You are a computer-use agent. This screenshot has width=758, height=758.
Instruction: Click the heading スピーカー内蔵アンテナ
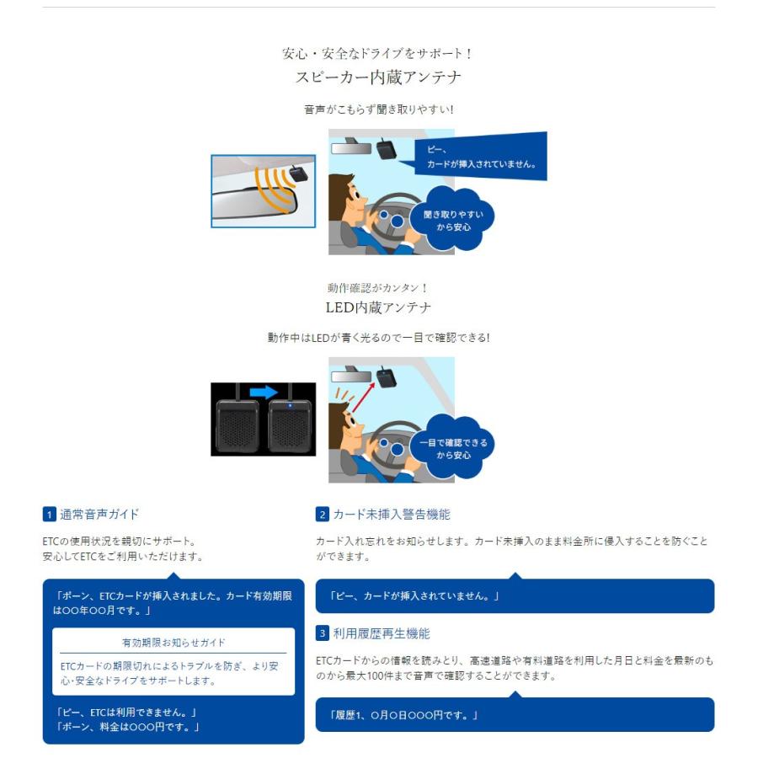click(378, 77)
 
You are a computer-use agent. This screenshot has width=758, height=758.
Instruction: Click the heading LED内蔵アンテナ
click(378, 307)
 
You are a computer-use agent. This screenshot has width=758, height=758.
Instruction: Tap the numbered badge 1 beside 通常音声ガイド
click(50, 515)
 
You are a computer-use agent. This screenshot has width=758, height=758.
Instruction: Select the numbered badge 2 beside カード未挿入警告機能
click(323, 515)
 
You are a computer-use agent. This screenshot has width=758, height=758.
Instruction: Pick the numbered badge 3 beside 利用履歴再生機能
click(323, 633)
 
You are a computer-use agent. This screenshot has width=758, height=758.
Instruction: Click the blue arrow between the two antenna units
click(263, 392)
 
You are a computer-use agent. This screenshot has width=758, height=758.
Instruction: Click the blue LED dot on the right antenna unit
click(290, 405)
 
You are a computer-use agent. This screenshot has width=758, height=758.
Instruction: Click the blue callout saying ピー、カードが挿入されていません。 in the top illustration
click(481, 157)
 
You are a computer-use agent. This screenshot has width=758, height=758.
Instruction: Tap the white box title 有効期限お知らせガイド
click(173, 643)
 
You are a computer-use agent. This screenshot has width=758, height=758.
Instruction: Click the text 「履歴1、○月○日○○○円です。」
click(403, 715)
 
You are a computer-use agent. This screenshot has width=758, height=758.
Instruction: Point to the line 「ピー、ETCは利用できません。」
click(126, 712)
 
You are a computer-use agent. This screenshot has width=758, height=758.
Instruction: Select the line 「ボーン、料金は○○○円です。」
click(128, 727)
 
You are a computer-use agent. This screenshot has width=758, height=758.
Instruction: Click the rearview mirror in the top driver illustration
click(351, 148)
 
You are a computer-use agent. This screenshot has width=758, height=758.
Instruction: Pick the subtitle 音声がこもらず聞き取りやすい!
click(378, 109)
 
